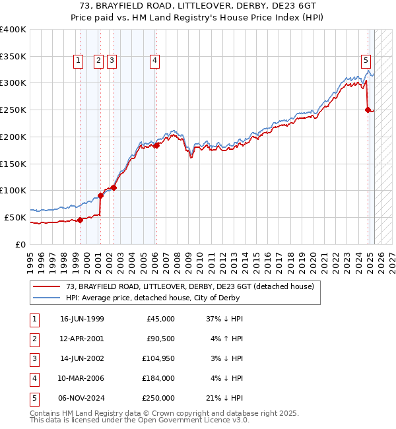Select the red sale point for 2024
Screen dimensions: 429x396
[x=368, y=110]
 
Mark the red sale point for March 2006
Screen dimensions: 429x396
[x=156, y=145]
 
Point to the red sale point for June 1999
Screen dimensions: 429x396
[x=80, y=220]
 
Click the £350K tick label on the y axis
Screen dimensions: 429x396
[x=13, y=56]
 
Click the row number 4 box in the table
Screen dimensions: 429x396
[x=33, y=379]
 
